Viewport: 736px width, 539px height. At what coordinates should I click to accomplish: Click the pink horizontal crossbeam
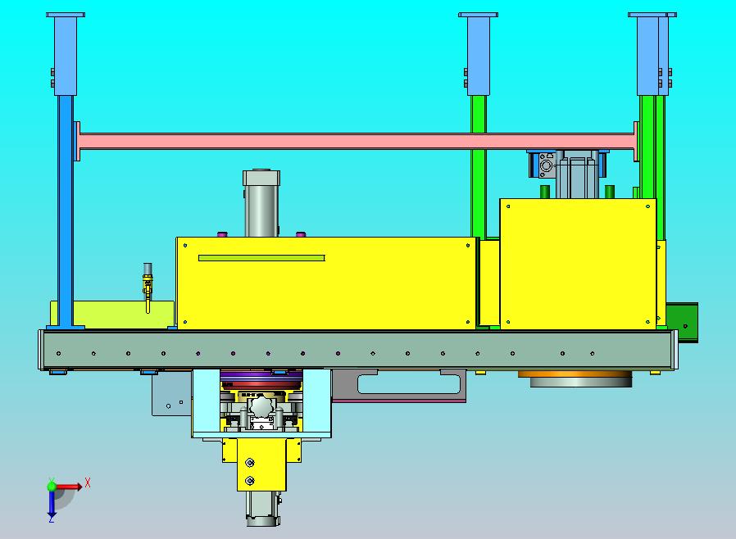pyautogui.click(x=357, y=141)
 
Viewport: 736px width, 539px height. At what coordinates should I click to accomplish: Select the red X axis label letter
pyautogui.click(x=88, y=482)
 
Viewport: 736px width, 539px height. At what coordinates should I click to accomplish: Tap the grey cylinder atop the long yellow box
pyautogui.click(x=261, y=203)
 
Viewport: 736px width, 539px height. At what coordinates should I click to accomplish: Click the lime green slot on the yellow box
pyautogui.click(x=261, y=258)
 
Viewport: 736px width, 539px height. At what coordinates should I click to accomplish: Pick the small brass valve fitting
pyautogui.click(x=148, y=287)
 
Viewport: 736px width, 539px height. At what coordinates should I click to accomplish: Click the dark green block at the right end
pyautogui.click(x=682, y=322)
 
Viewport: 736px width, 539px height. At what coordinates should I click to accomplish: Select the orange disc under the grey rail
pyautogui.click(x=575, y=374)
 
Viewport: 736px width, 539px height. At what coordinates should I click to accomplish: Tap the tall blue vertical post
pyautogui.click(x=66, y=211)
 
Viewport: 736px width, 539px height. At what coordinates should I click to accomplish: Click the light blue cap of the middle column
pyautogui.click(x=479, y=54)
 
